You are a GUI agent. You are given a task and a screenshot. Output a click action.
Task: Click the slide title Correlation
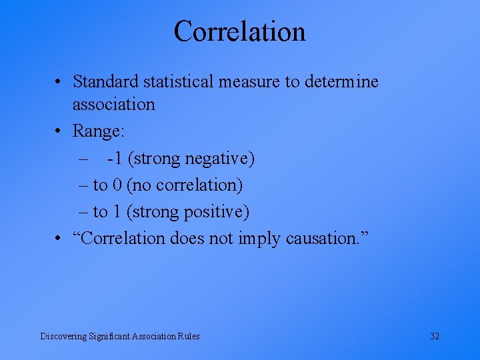tap(240, 31)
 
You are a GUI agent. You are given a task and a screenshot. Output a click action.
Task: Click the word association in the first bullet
tap(113, 105)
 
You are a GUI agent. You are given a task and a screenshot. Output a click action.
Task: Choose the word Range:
tap(98, 131)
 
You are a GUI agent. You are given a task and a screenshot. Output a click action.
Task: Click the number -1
tap(114, 159)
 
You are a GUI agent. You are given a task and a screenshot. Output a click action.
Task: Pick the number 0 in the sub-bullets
tap(117, 185)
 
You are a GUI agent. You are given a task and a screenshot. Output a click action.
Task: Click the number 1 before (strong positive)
tap(117, 212)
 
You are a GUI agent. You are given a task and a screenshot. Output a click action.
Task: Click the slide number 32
tap(435, 336)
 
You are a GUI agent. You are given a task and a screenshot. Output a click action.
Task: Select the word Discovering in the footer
tap(63, 336)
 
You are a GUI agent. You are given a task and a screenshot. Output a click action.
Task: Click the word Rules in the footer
tap(188, 336)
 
